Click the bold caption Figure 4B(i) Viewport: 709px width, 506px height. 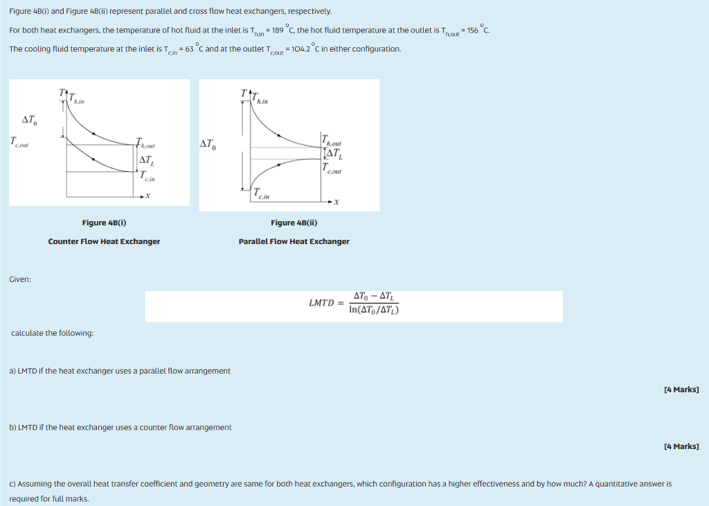(104, 223)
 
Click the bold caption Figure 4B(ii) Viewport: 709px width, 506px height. (294, 223)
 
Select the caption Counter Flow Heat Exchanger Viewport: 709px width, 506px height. (104, 241)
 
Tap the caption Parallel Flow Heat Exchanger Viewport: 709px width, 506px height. (294, 241)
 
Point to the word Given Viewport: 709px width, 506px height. (19, 279)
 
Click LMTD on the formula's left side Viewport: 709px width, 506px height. (321, 303)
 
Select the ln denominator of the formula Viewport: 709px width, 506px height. (374, 310)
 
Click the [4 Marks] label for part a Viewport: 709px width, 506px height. (681, 390)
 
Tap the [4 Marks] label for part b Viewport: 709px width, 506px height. (681, 446)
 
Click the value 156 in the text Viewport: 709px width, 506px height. (475, 30)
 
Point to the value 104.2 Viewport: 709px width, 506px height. (303, 49)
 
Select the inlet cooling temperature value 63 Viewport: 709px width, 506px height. (190, 49)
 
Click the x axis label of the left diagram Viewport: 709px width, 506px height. (147, 196)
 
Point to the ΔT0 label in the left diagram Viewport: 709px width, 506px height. (30, 121)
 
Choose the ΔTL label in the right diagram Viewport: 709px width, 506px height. (333, 154)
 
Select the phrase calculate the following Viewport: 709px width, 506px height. (53, 333)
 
